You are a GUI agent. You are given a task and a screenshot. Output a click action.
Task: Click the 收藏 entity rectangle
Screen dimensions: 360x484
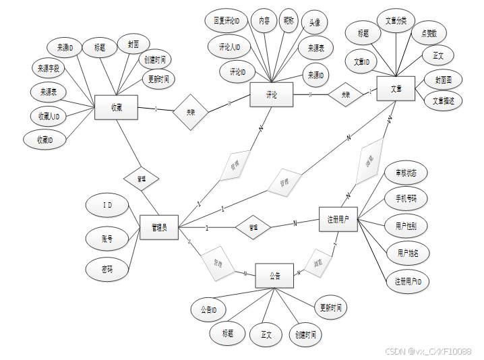pos(116,107)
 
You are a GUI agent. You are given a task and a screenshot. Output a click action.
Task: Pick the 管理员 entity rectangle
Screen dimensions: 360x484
pos(158,227)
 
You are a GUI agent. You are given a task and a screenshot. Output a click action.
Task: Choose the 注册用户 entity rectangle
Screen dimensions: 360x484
pos(338,219)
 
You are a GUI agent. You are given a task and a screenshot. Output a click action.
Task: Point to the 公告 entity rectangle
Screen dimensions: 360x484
pos(275,275)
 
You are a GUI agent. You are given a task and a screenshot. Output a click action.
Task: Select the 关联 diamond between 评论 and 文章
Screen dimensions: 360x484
pos(345,94)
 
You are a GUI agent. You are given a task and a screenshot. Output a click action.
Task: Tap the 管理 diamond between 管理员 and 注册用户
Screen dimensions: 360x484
pos(253,227)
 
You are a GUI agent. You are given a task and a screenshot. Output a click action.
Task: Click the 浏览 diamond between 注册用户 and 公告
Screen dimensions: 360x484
pos(320,261)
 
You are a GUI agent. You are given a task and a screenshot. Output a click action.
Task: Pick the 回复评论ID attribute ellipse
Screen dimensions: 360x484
pos(226,22)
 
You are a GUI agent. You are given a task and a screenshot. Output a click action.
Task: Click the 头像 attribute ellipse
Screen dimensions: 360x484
pos(314,22)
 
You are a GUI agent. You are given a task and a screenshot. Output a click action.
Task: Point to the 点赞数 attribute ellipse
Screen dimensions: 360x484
pos(429,33)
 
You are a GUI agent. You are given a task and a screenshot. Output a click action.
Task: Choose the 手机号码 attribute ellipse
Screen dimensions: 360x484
pos(406,198)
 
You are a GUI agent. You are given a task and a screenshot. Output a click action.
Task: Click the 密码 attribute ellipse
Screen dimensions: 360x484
pos(106,270)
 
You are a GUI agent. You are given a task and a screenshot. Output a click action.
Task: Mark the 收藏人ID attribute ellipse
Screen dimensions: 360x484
pos(49,116)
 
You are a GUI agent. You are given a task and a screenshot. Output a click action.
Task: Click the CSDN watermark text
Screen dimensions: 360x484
pos(428,351)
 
